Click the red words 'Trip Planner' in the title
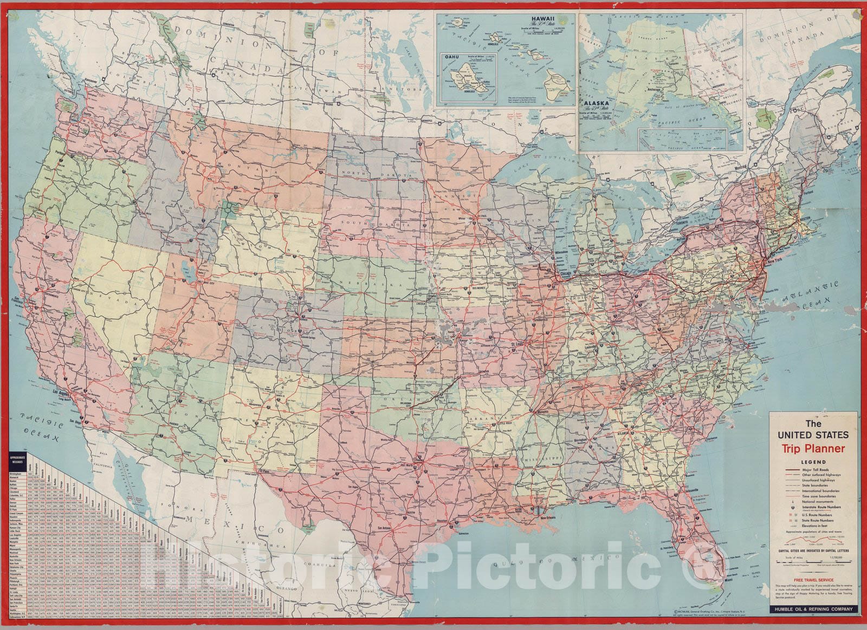click(813, 448)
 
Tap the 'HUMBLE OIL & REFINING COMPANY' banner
click(813, 609)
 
